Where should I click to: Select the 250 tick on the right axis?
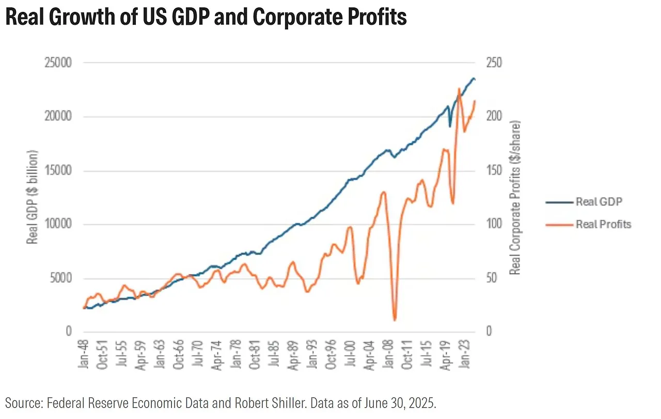point(494,63)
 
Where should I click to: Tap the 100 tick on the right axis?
point(494,224)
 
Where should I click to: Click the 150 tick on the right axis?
point(494,171)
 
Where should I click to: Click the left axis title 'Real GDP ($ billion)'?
point(33,197)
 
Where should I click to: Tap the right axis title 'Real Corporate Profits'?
point(515,197)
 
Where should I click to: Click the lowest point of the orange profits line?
point(395,320)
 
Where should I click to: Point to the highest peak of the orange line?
point(459,89)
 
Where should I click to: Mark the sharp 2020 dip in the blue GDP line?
point(450,126)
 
